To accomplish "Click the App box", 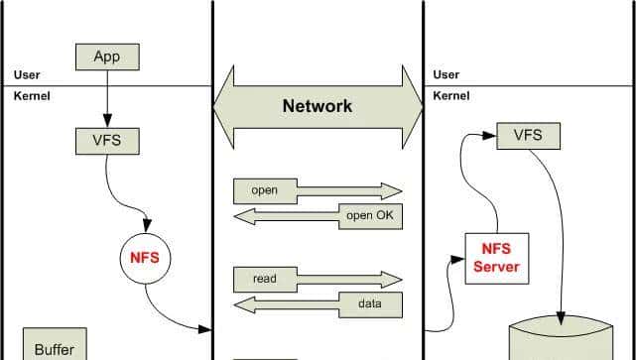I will pos(106,57).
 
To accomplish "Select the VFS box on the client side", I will pos(106,140).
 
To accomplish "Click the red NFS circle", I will pos(145,258).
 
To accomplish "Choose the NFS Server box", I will pos(496,258).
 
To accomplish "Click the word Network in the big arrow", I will pos(317,106).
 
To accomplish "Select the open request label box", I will pos(265,190).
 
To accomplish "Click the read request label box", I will pos(265,279).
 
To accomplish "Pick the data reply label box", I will pos(369,303).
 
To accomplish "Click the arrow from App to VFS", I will pos(106,98).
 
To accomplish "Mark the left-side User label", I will pos(27,75).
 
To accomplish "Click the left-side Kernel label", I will pos(32,95).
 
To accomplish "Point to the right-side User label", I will pos(446,75).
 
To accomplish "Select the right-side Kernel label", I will pos(451,95).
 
